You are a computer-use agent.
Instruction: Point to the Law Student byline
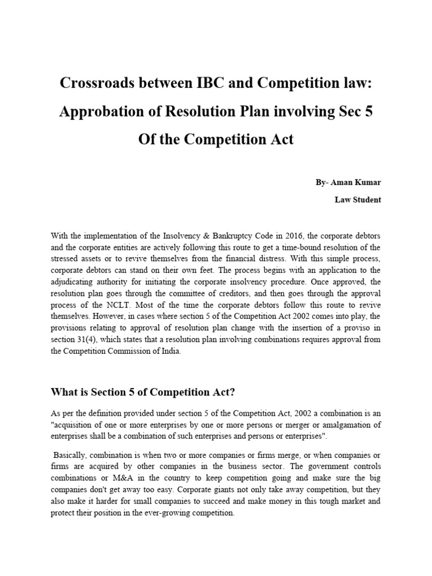(x=358, y=200)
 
